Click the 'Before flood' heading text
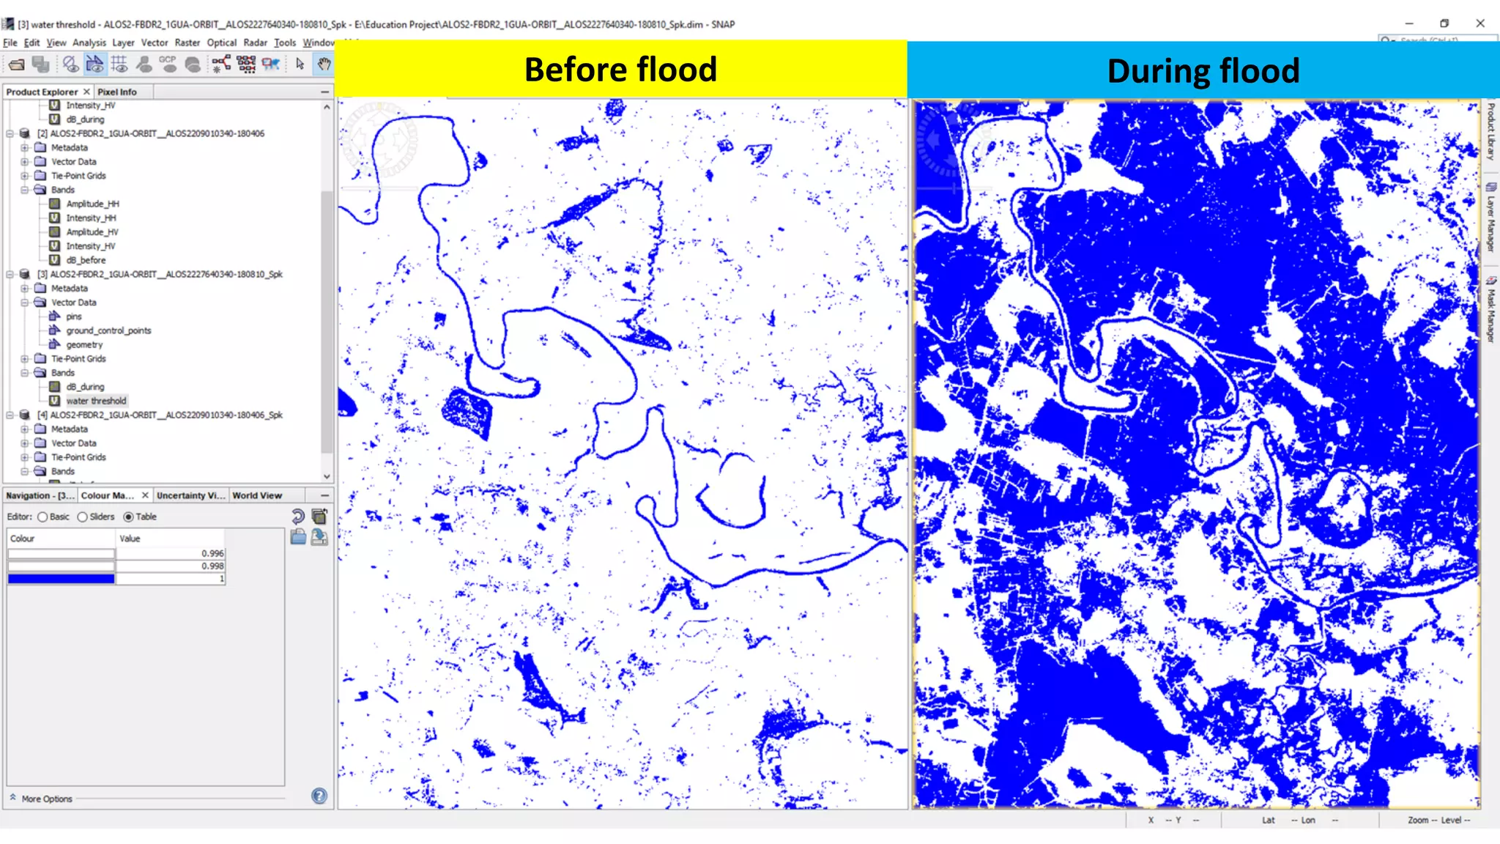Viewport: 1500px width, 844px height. [620, 70]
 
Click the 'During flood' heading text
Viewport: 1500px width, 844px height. [1203, 72]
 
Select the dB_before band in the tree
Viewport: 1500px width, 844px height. [86, 260]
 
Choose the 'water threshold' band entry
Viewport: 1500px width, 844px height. [96, 401]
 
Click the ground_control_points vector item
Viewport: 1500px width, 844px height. [108, 330]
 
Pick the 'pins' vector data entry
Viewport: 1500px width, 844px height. [74, 316]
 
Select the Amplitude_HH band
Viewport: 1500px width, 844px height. [92, 204]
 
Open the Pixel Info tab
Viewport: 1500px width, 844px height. [117, 92]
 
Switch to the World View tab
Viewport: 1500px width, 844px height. [257, 496]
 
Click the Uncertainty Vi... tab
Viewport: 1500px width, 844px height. [190, 496]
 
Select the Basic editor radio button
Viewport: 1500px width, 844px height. [43, 517]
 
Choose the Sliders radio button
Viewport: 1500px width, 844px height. [83, 517]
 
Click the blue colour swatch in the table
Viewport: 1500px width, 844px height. [62, 579]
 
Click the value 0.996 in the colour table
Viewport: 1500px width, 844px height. [212, 554]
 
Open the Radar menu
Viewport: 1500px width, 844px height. [255, 43]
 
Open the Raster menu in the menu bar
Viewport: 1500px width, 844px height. [187, 43]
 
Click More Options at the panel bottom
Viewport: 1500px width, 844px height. [47, 799]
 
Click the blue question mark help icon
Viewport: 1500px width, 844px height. [319, 796]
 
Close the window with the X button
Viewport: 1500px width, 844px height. [1480, 23]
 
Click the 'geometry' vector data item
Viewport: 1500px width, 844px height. [84, 344]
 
